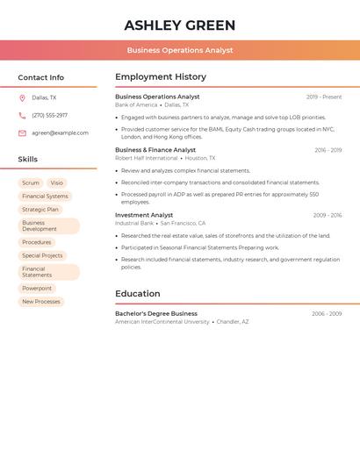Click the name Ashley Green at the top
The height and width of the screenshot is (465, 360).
180,25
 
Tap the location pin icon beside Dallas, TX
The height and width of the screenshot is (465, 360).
22,97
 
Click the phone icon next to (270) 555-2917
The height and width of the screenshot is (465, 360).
22,115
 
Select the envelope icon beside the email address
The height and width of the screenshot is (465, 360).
22,133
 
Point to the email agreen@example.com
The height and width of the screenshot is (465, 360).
60,133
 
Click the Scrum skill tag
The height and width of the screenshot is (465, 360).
31,182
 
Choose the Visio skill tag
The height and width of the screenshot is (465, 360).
56,182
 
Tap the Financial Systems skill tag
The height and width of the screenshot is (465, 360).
45,197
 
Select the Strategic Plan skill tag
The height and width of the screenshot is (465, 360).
40,210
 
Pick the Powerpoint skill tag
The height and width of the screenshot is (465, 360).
37,288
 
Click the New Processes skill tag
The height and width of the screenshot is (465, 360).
41,302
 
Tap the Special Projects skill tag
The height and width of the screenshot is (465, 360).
42,255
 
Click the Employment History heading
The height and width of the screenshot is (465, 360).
161,77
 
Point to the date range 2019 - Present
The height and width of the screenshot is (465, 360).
324,97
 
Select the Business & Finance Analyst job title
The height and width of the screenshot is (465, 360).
155,150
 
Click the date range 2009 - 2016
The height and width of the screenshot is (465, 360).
327,215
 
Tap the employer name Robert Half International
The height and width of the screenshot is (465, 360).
146,158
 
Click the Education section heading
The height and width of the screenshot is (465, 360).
138,294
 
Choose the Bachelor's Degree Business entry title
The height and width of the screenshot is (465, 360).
156,313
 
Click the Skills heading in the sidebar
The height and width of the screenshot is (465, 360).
28,159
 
